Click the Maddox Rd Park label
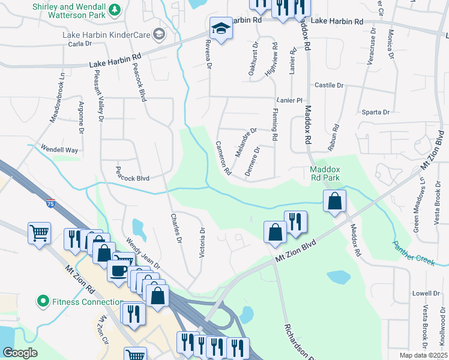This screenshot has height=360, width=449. tap(325, 173)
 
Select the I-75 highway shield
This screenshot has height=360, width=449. tap(51, 203)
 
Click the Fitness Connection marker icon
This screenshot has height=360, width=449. tap(42, 301)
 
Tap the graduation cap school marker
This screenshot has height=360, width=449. tap(221, 29)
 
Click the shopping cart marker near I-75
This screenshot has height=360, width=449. tap(39, 232)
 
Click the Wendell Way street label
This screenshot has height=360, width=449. tap(59, 149)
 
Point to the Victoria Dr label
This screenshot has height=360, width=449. tap(202, 242)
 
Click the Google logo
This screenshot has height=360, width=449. tap(20, 353)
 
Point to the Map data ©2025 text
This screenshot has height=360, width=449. tap(423, 355)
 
